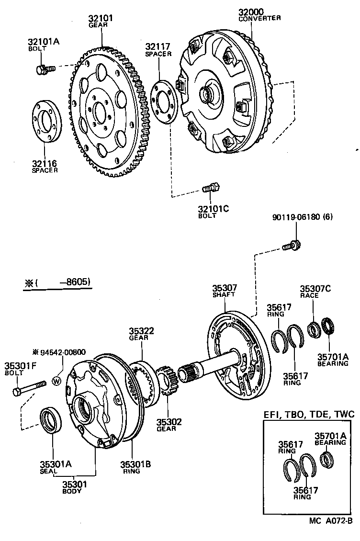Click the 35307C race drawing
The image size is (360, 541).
tap(314, 329)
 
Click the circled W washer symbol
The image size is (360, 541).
tap(56, 381)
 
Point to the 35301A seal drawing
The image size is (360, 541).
tap(50, 420)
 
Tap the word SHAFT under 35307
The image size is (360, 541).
tap(225, 294)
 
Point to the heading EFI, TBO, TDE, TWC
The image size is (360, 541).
tap(305, 414)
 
